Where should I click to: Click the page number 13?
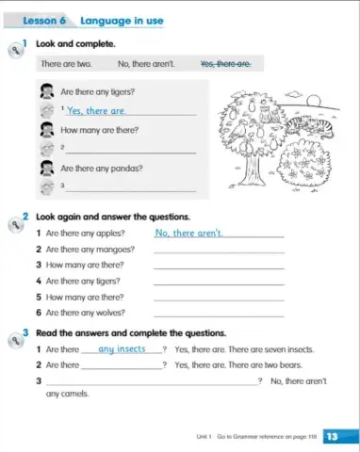(331, 436)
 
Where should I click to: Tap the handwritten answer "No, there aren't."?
(189, 233)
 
